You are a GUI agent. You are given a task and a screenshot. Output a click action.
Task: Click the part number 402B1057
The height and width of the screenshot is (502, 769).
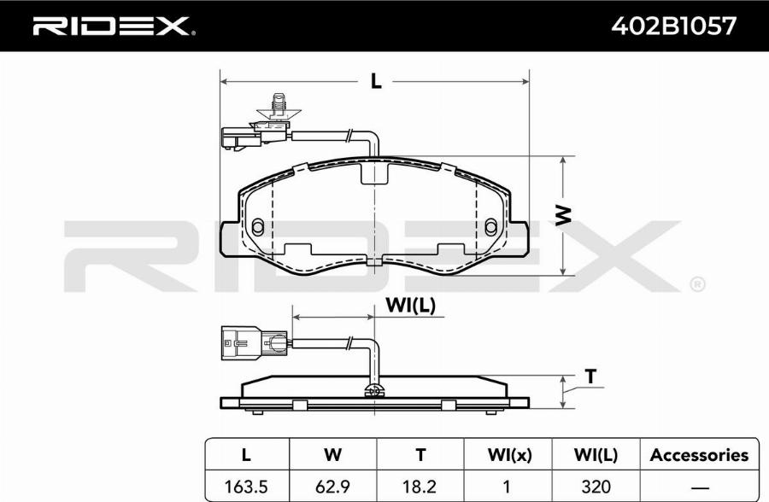click(673, 26)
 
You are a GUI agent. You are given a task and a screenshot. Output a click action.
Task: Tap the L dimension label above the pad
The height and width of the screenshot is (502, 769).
click(376, 81)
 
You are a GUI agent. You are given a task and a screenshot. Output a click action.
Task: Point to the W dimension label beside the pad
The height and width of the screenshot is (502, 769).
click(564, 216)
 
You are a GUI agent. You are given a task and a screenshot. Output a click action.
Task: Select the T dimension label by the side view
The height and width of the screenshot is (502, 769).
click(591, 376)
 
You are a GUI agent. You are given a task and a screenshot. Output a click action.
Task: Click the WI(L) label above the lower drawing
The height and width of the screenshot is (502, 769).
click(411, 305)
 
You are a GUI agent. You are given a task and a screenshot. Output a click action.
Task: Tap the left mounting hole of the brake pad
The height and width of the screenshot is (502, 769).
click(258, 226)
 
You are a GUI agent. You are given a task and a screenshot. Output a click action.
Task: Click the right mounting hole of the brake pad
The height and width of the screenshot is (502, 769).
click(491, 226)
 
